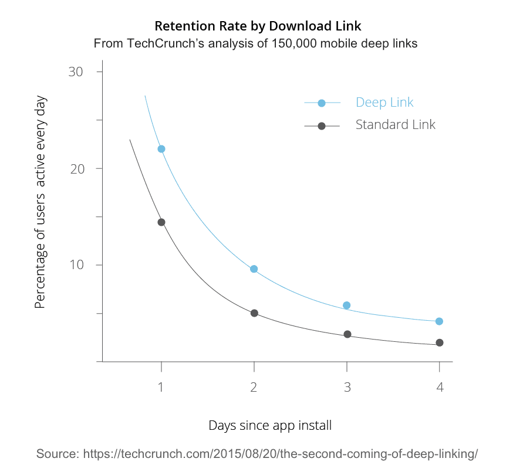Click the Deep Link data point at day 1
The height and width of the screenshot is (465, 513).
pyautogui.click(x=161, y=149)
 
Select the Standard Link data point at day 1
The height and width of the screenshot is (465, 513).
pyautogui.click(x=161, y=222)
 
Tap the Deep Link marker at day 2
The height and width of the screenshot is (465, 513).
pyautogui.click(x=254, y=269)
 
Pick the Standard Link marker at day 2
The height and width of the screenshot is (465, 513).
pyautogui.click(x=254, y=313)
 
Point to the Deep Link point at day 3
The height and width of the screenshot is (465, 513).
pyautogui.click(x=347, y=306)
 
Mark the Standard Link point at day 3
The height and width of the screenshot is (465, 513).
pyautogui.click(x=347, y=334)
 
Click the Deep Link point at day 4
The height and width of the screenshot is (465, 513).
pyautogui.click(x=439, y=321)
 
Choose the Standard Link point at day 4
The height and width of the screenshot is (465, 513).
pyautogui.click(x=439, y=342)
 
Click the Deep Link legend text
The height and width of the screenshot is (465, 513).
pyautogui.click(x=384, y=103)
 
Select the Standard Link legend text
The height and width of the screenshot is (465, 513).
pyautogui.click(x=395, y=125)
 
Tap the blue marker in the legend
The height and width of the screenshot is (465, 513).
pyautogui.click(x=322, y=103)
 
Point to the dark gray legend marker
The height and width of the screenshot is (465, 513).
pyautogui.click(x=322, y=126)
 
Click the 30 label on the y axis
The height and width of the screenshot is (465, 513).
pyautogui.click(x=76, y=72)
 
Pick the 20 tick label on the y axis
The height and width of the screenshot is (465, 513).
pyautogui.click(x=76, y=168)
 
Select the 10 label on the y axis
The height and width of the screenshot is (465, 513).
pyautogui.click(x=76, y=265)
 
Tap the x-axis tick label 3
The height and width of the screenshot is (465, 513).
pyautogui.click(x=347, y=388)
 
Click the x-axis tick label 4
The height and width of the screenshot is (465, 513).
pyautogui.click(x=440, y=388)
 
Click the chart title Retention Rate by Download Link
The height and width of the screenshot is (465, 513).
pyautogui.click(x=258, y=26)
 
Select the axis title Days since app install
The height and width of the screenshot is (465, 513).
pyautogui.click(x=270, y=426)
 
